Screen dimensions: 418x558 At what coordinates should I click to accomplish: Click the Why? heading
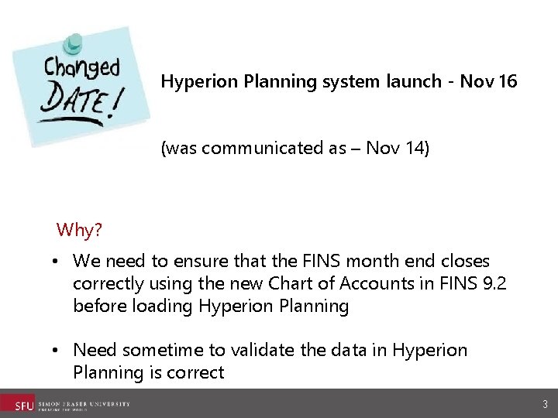click(x=80, y=230)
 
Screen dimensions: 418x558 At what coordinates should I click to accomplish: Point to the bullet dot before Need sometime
click(x=58, y=351)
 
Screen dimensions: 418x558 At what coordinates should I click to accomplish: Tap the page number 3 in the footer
click(x=546, y=404)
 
